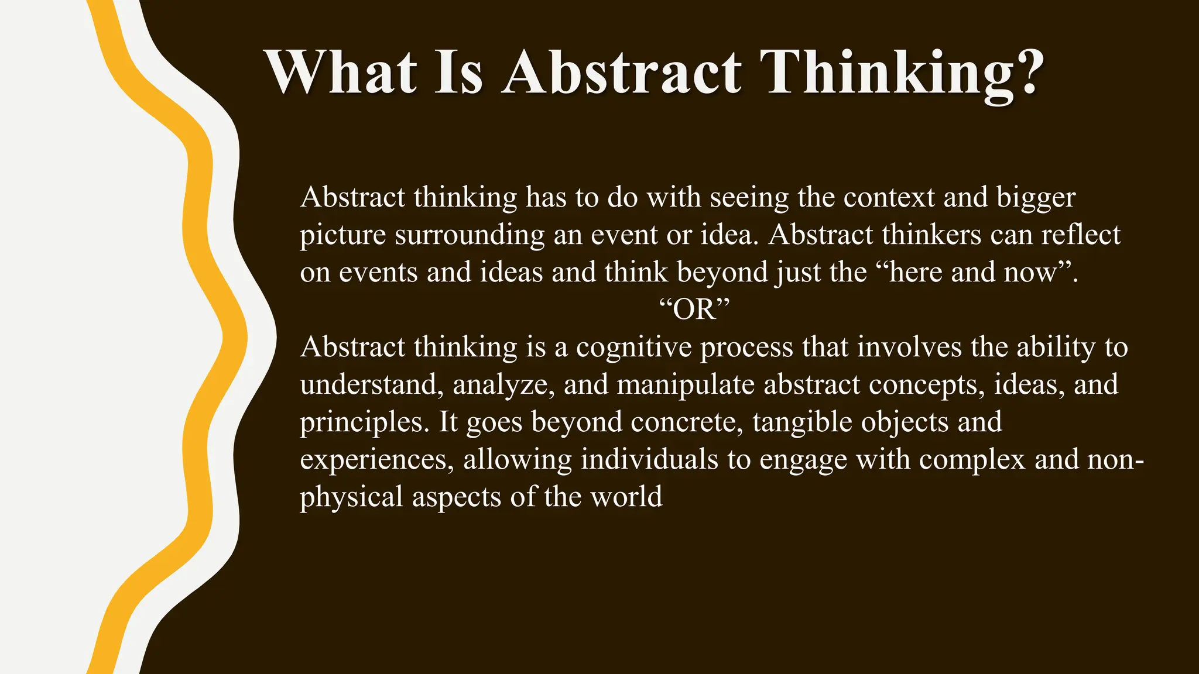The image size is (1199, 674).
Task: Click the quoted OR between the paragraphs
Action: click(x=695, y=310)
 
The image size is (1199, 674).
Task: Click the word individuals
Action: click(x=649, y=459)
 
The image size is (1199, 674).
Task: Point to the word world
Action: click(x=626, y=497)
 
